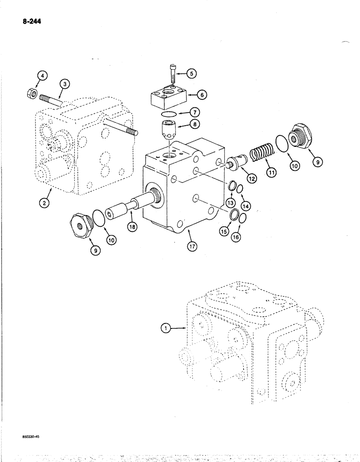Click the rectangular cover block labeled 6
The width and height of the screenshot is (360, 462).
tap(168, 97)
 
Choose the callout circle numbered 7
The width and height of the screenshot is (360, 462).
tap(196, 112)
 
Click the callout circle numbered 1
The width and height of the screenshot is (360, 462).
tap(164, 328)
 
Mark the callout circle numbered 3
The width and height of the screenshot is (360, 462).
tap(65, 84)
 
